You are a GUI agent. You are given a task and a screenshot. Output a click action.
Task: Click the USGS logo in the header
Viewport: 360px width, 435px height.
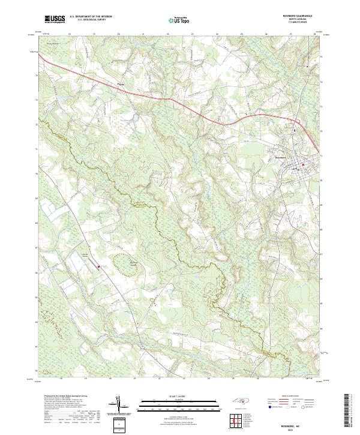point(55,19)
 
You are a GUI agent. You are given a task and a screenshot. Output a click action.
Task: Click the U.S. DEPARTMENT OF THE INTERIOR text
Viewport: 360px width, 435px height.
point(91,17)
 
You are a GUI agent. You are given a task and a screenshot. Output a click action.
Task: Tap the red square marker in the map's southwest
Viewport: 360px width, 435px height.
point(98,259)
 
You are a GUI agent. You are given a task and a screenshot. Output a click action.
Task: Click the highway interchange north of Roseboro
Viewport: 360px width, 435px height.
point(295,127)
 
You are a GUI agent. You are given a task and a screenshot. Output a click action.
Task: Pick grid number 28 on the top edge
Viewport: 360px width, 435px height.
point(315,35)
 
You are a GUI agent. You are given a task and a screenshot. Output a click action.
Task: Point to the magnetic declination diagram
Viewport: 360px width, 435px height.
point(119,404)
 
